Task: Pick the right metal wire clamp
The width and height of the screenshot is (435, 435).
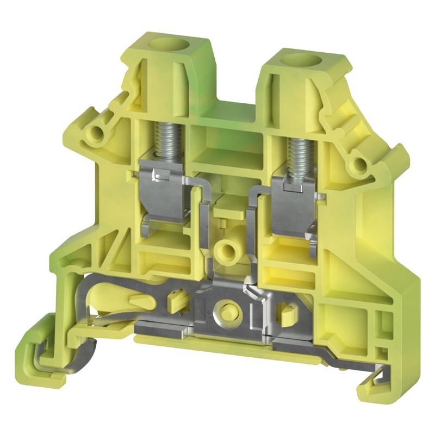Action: [x=294, y=209]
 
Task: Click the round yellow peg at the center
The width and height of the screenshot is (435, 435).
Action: [x=225, y=251]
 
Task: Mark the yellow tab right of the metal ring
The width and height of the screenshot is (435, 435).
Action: [x=283, y=313]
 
